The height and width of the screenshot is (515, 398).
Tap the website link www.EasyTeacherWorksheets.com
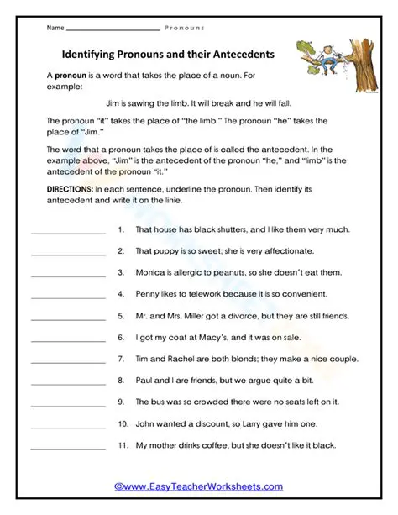198,486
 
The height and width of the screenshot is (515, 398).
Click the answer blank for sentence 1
67,230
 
